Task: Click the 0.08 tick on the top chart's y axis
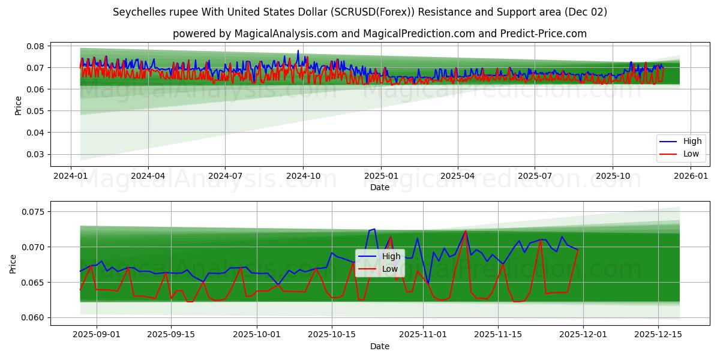35,46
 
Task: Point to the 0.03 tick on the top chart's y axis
35,154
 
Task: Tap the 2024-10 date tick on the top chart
302,176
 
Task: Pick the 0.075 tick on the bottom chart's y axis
33,212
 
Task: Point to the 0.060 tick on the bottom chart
33,317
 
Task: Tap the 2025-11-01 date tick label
423,335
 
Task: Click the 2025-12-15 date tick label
658,335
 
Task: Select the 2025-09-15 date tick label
171,335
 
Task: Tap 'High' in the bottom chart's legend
391,257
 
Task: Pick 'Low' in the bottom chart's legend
390,269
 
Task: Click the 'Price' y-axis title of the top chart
19,106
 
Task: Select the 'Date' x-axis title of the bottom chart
379,346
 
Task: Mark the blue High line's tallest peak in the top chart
298,51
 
